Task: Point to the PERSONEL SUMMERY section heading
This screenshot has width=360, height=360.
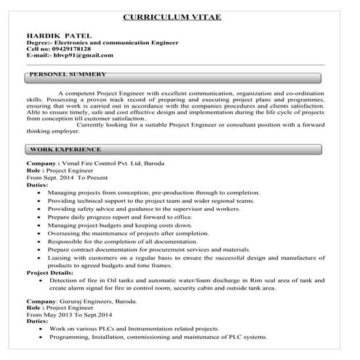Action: pos(69,75)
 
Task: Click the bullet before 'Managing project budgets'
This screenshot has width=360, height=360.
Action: pos(39,226)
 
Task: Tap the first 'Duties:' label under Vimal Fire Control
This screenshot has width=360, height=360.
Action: pos(37,185)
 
